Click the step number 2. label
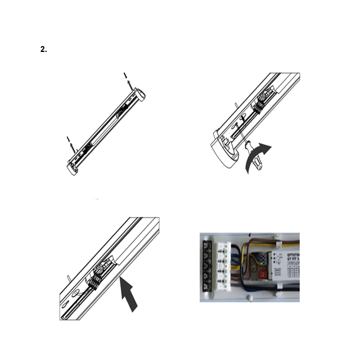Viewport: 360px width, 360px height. [x=44, y=50]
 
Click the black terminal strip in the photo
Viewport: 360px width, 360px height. [x=207, y=267]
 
